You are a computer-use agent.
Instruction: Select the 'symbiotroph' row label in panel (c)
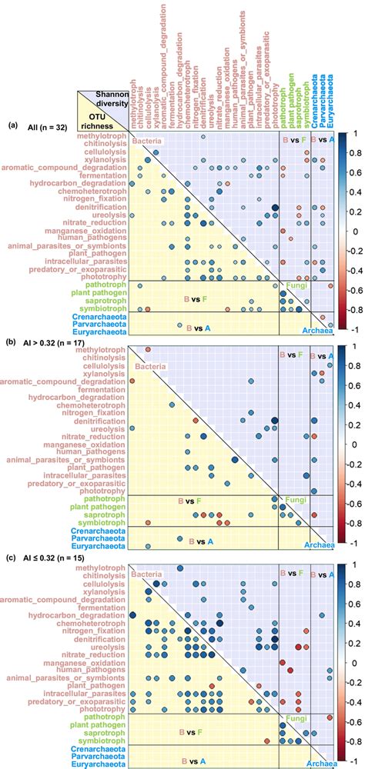tap(99, 734)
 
